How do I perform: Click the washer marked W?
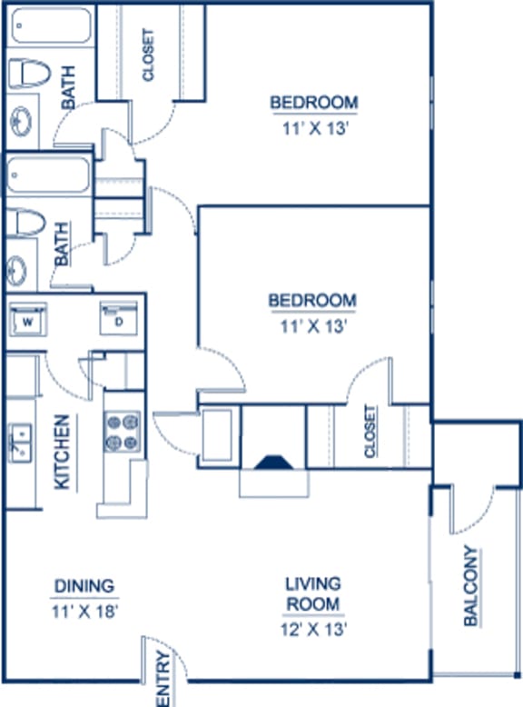point(27,322)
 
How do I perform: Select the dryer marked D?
point(119,321)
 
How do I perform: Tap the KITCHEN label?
point(63,453)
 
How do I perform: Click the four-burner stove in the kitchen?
point(123,432)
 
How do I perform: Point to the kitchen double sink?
point(20,444)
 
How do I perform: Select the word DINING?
point(83,585)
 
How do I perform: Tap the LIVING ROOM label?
point(313,593)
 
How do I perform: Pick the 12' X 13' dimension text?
point(313,627)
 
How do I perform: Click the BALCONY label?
point(470,585)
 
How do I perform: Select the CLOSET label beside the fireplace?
point(370,431)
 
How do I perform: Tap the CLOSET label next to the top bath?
point(148,55)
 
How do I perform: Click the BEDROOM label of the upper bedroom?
point(313,102)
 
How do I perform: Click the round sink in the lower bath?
point(17,270)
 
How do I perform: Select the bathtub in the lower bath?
point(47,176)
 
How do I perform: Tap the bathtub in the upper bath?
point(52,30)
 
